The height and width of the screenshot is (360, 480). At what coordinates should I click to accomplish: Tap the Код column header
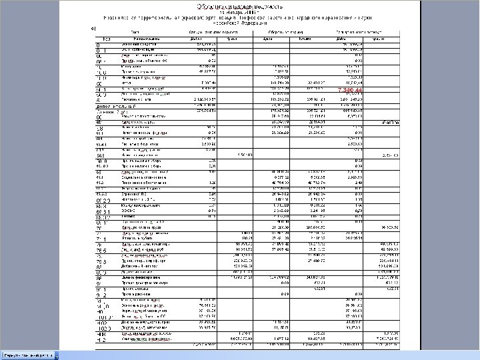click(x=99, y=37)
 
